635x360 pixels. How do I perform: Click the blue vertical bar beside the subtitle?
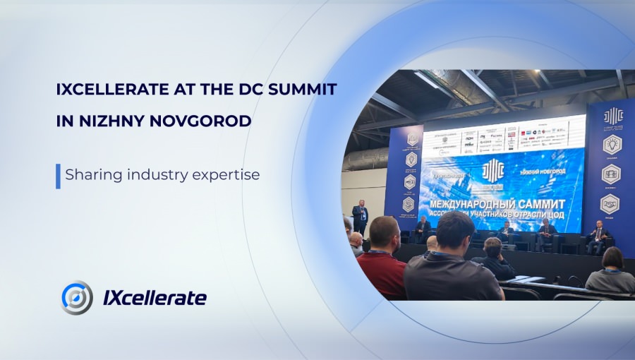[x=58, y=176]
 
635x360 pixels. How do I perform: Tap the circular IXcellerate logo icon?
[x=77, y=297]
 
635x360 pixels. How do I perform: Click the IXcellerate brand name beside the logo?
[x=155, y=298]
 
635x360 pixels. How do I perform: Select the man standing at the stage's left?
[x=361, y=216]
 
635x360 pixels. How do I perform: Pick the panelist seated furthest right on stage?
[x=598, y=237]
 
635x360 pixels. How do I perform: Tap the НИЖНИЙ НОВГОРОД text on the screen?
[x=552, y=170]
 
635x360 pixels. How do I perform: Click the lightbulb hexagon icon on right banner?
[x=610, y=145]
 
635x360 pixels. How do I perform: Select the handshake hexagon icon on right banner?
[x=610, y=204]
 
